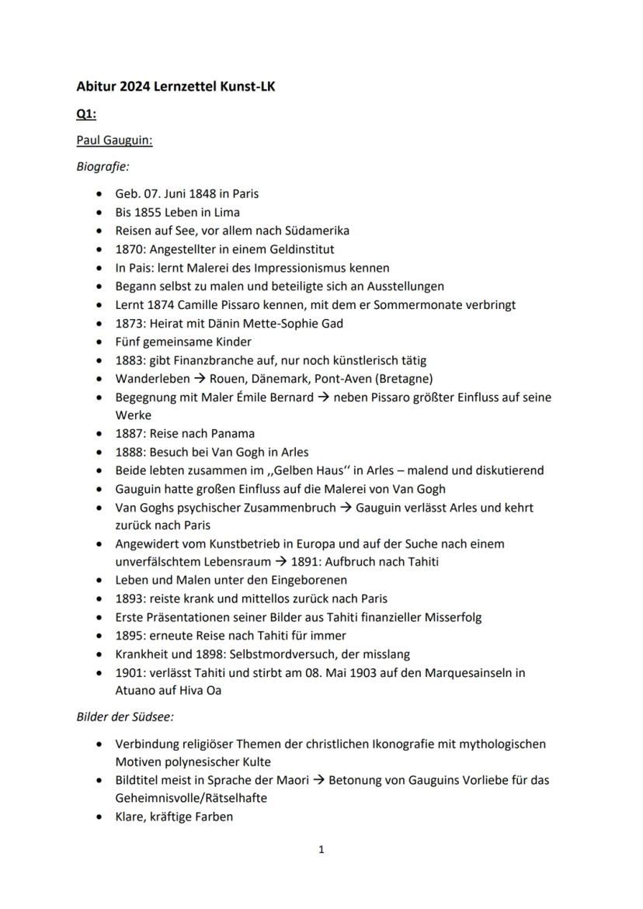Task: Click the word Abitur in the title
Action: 96,86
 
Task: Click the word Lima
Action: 226,212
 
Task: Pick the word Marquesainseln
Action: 474,673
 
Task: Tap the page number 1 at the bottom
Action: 321,850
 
